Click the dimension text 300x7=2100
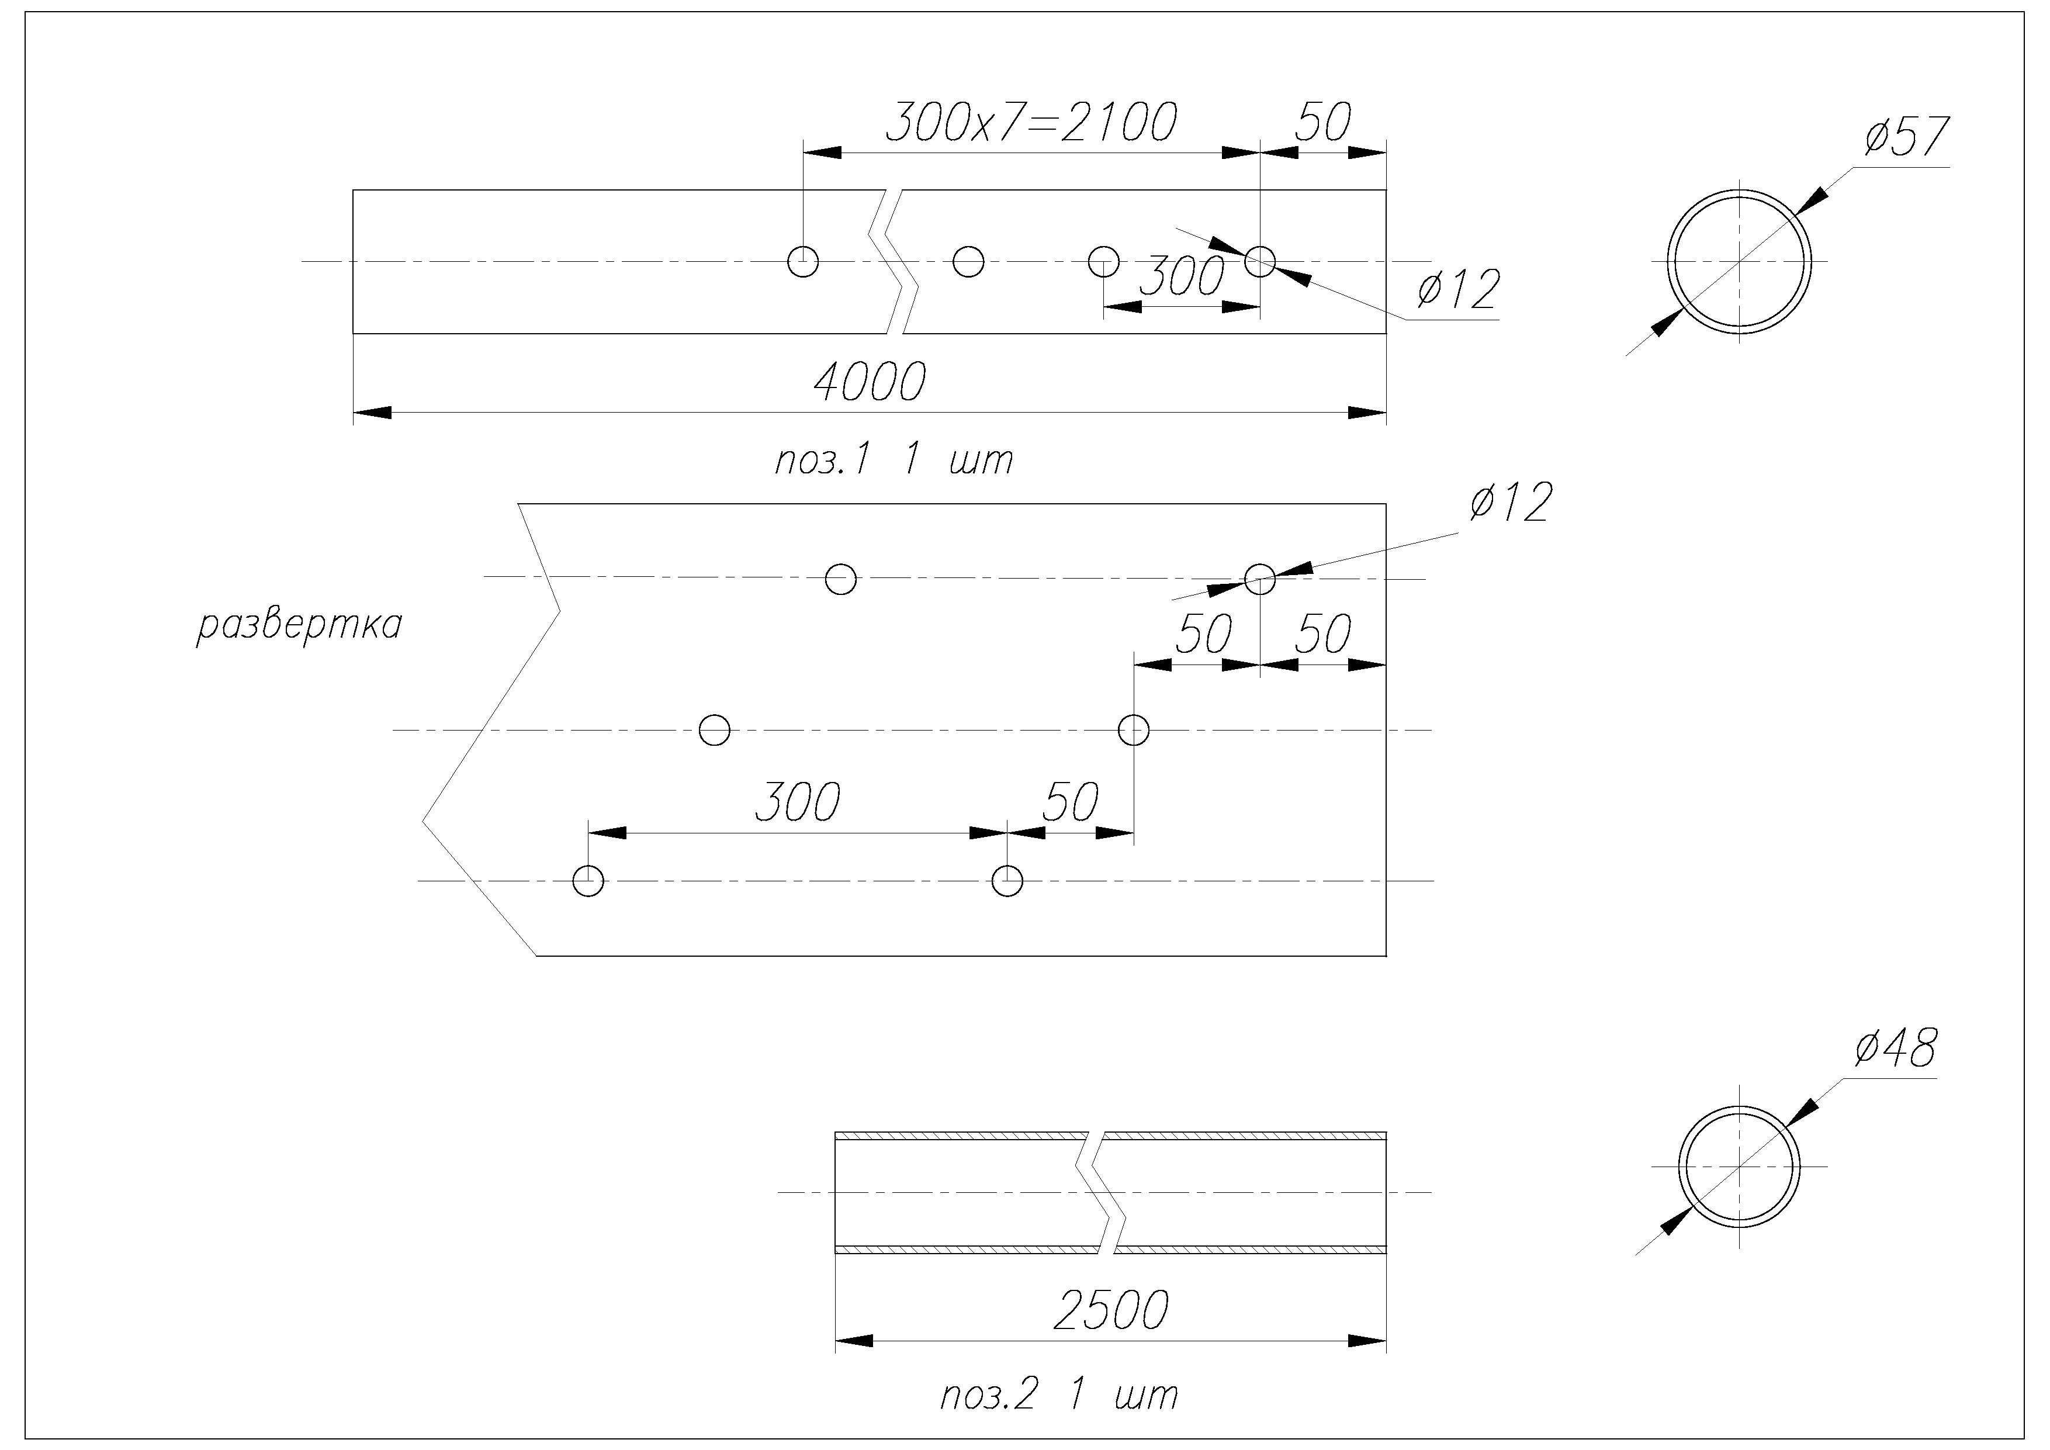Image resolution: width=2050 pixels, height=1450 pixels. (x=1031, y=123)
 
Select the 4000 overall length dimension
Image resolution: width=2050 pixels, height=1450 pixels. (x=869, y=383)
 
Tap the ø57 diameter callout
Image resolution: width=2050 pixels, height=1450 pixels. (x=1905, y=139)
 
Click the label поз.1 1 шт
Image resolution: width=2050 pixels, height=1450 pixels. (x=894, y=461)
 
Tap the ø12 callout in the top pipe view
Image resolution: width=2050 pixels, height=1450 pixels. (x=1457, y=290)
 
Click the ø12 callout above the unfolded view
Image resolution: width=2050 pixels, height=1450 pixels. (x=1510, y=503)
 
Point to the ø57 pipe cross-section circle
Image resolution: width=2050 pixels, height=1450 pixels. (x=1739, y=262)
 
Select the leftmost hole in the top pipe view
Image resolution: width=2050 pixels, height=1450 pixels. (x=803, y=262)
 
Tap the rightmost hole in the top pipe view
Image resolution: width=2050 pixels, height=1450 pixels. (x=1260, y=262)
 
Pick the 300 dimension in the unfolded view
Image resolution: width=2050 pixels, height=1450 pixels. (x=797, y=802)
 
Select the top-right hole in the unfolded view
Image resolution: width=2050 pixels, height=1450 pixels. (x=1260, y=579)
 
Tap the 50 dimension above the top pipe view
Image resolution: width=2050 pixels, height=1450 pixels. (x=1322, y=123)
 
